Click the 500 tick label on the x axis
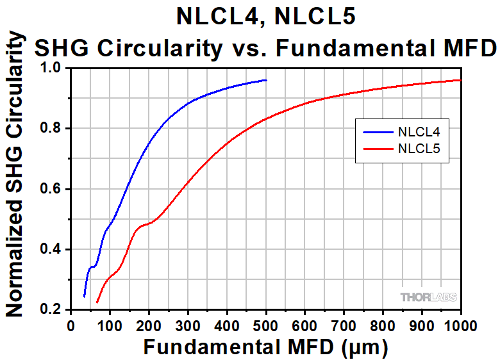[x=266, y=325]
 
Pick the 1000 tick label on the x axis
[x=460, y=325]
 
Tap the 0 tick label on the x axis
[x=71, y=325]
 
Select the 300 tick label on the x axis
[x=188, y=325]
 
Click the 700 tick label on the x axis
[x=344, y=325]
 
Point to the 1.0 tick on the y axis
[x=52, y=68]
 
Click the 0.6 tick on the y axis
[x=52, y=189]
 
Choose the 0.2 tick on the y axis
[x=52, y=310]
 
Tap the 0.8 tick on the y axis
[x=52, y=129]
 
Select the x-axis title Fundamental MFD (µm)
[x=265, y=347]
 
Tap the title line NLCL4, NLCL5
[x=265, y=16]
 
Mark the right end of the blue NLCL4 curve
[x=266, y=80]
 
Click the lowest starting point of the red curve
[x=97, y=302]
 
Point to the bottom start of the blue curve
[x=84, y=296]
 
